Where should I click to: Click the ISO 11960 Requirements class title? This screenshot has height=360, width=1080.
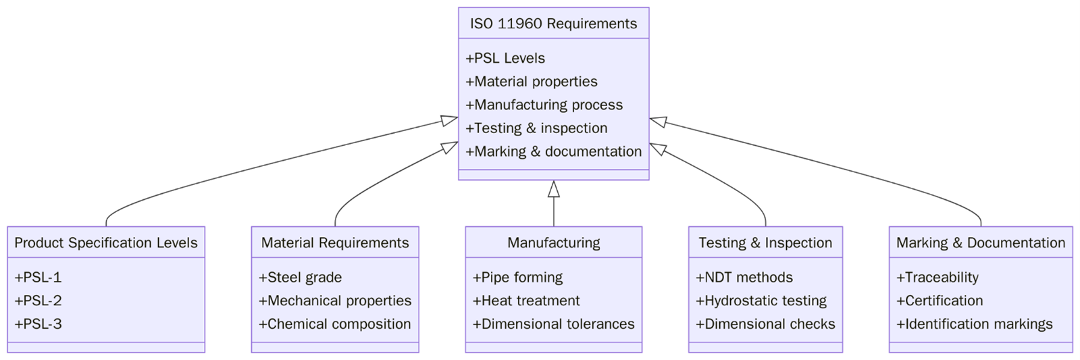click(553, 24)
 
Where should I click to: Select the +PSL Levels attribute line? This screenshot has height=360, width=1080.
click(505, 58)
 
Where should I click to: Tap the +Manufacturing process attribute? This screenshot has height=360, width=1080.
click(544, 105)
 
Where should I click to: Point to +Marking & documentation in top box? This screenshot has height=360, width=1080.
click(553, 151)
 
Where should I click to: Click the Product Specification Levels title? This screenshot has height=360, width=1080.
click(106, 242)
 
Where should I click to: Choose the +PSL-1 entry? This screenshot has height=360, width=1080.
click(38, 277)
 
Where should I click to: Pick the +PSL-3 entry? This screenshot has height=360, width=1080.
click(38, 324)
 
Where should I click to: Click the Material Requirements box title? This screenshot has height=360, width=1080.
click(335, 242)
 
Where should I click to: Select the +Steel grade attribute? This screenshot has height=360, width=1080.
click(300, 277)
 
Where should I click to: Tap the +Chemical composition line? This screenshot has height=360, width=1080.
click(334, 324)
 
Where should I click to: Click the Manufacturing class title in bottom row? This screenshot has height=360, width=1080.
click(553, 242)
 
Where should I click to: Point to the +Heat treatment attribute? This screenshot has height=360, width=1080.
click(525, 301)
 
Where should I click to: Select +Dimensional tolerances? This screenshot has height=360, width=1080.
click(553, 324)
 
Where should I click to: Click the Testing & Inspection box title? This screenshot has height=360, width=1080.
click(765, 242)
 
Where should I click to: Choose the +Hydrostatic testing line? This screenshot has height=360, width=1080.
click(761, 301)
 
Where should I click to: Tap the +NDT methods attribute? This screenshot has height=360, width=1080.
click(744, 277)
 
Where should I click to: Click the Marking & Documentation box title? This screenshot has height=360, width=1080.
click(980, 242)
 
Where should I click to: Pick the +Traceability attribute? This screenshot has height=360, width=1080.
click(937, 277)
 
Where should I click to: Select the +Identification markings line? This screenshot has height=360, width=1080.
click(974, 324)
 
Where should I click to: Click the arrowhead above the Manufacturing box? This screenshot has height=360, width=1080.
click(554, 189)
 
